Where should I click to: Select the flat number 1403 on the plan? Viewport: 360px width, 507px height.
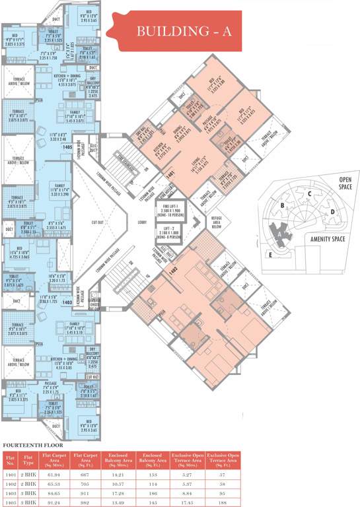[x=67, y=301]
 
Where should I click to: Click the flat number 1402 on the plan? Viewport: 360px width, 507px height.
[x=174, y=271]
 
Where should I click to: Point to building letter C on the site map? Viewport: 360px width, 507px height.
[x=308, y=193]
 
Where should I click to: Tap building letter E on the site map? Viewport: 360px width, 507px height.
[x=270, y=253]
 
